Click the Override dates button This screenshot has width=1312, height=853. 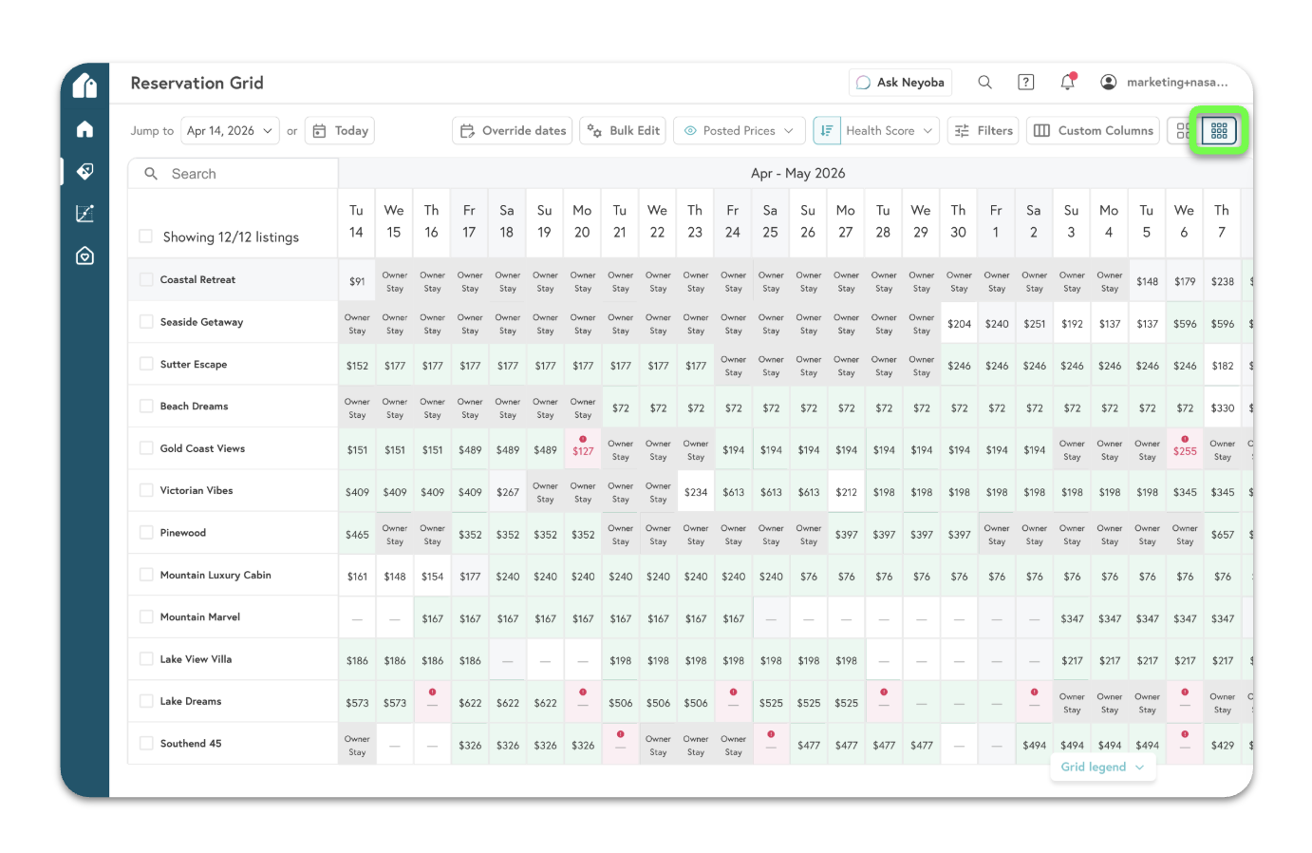pyautogui.click(x=513, y=131)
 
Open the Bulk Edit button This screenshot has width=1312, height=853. pyautogui.click(x=623, y=131)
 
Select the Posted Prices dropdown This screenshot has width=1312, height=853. pyautogui.click(x=740, y=131)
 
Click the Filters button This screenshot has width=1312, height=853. pyautogui.click(x=983, y=131)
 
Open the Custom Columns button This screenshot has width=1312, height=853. pyautogui.click(x=1093, y=131)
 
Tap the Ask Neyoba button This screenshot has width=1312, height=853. pyautogui.click(x=900, y=83)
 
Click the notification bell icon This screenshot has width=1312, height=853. pyautogui.click(x=1067, y=83)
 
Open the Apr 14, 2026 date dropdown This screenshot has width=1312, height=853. pyautogui.click(x=230, y=131)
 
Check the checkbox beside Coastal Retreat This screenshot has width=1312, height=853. pyautogui.click(x=146, y=279)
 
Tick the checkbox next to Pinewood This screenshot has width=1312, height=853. pyautogui.click(x=146, y=533)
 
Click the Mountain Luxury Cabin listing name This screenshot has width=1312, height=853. pyautogui.click(x=216, y=575)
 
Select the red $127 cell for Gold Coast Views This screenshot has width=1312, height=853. pyautogui.click(x=583, y=451)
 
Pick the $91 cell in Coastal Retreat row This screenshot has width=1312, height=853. pyautogui.click(x=357, y=282)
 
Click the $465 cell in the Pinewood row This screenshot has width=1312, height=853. pyautogui.click(x=357, y=535)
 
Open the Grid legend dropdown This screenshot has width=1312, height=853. pyautogui.click(x=1102, y=768)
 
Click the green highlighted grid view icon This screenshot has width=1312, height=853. pyautogui.click(x=1219, y=131)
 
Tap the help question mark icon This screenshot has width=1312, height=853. pyautogui.click(x=1026, y=83)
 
